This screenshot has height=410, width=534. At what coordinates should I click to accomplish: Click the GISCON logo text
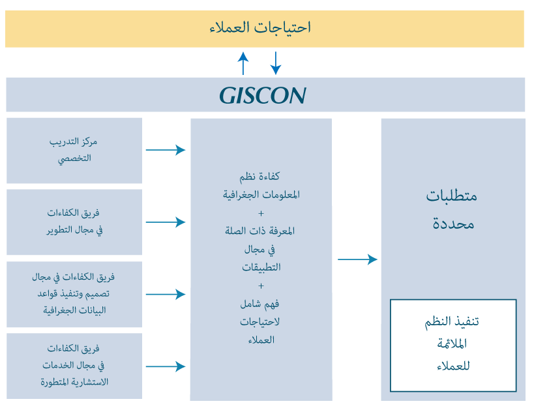pyautogui.click(x=263, y=95)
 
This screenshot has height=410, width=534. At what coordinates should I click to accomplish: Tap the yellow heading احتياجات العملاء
pyautogui.click(x=260, y=27)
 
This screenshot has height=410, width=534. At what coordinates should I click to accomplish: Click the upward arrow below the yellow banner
pyautogui.click(x=243, y=63)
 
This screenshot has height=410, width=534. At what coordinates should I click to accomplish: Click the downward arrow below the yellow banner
pyautogui.click(x=276, y=63)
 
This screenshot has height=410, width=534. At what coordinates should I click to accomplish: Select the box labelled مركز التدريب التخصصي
pyautogui.click(x=74, y=151)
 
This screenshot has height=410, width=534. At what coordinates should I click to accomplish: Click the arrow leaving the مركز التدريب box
pyautogui.click(x=166, y=150)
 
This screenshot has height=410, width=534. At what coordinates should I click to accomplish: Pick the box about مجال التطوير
pyautogui.click(x=74, y=222)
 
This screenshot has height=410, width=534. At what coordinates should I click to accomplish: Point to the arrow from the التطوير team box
pyautogui.click(x=166, y=222)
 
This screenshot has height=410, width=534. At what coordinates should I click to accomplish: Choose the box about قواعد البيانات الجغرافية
pyautogui.click(x=74, y=294)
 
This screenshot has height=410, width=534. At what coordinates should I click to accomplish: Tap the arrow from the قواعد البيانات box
pyautogui.click(x=166, y=294)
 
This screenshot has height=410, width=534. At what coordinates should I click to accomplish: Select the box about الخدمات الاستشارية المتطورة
pyautogui.click(x=74, y=366)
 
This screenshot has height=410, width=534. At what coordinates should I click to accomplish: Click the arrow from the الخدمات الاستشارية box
pyautogui.click(x=166, y=366)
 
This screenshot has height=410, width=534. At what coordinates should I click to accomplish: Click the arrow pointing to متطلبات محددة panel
pyautogui.click(x=357, y=259)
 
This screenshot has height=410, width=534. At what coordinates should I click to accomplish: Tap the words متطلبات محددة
pyautogui.click(x=452, y=210)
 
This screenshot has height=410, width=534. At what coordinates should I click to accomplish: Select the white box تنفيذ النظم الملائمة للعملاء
pyautogui.click(x=453, y=345)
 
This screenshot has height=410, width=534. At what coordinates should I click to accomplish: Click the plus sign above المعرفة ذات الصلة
pyautogui.click(x=261, y=214)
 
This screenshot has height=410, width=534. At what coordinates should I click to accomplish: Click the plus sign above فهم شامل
pyautogui.click(x=261, y=286)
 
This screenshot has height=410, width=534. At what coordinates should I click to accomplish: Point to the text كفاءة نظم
pyautogui.click(x=260, y=177)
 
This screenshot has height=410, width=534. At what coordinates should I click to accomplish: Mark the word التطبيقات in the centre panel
pyautogui.click(x=261, y=267)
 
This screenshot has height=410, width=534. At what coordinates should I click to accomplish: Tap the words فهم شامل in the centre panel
pyautogui.click(x=260, y=304)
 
